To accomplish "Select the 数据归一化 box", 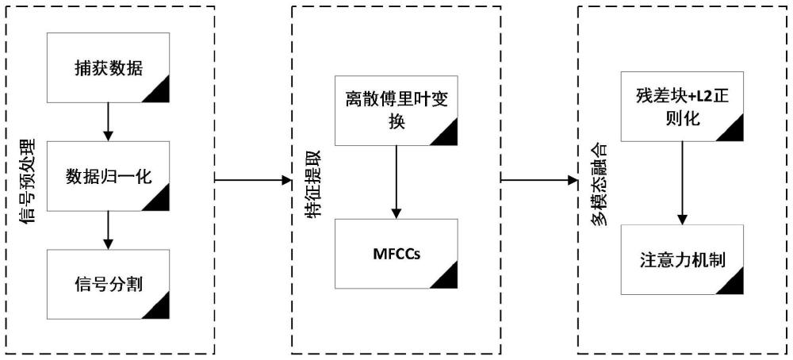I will (x=108, y=176).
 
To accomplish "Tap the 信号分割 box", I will (x=108, y=284).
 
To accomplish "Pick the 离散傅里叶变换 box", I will (x=396, y=111).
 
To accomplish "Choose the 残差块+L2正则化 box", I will (x=683, y=111).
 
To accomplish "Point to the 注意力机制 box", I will (x=683, y=260).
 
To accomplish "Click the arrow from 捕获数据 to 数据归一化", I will (x=107, y=121).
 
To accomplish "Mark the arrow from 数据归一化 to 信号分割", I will (x=107, y=230).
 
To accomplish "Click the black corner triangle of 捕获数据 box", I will (x=159, y=93).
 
